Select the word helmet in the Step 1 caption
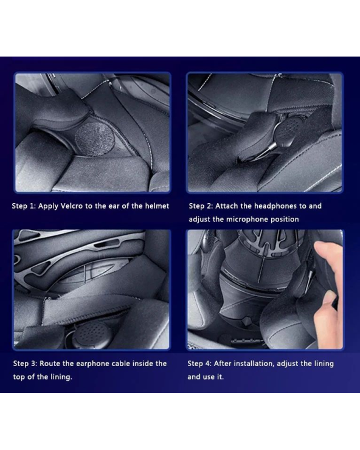pos(157,206)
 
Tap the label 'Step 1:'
pos(24,206)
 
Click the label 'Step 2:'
pos(201,206)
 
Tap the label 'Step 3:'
pos(26,364)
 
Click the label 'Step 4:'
pos(199,364)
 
